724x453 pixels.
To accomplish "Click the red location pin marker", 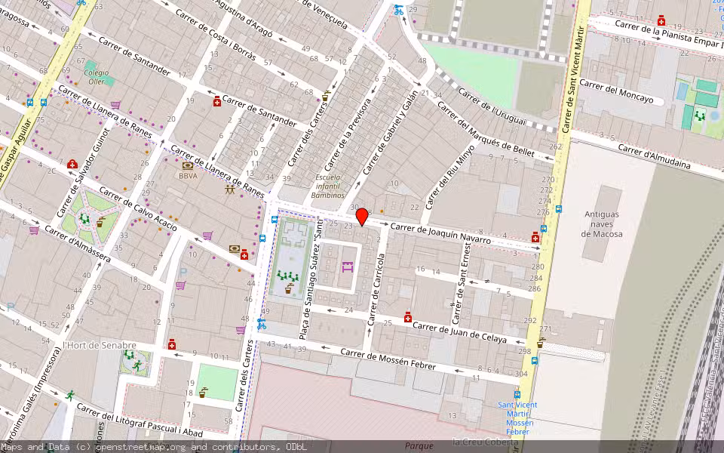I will coord(362,217).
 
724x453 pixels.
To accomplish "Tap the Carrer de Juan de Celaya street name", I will coord(461,332).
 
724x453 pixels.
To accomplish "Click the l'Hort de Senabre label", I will coord(100,345).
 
